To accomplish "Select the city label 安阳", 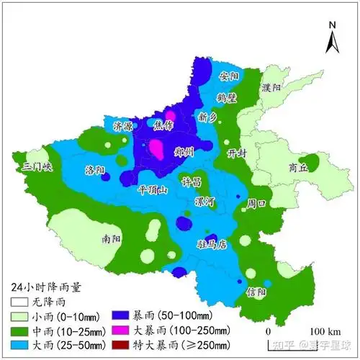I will [228, 76].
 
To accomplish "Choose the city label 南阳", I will [112, 237].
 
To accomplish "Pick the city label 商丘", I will [297, 166].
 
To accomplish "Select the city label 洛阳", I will [95, 171].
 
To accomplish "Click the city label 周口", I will [256, 204].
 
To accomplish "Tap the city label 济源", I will [123, 126].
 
